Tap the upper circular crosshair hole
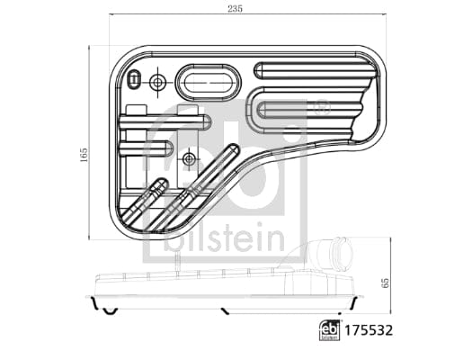click(x=158, y=83)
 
